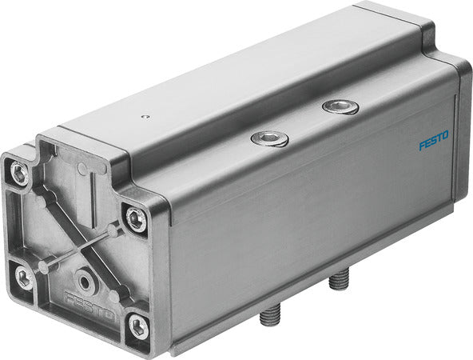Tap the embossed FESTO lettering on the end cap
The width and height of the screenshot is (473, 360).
90,310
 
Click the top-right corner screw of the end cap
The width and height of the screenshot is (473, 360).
136,218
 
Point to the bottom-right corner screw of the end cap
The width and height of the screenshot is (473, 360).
138,325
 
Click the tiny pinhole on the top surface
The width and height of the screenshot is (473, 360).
144,116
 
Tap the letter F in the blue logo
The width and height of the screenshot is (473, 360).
422,146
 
